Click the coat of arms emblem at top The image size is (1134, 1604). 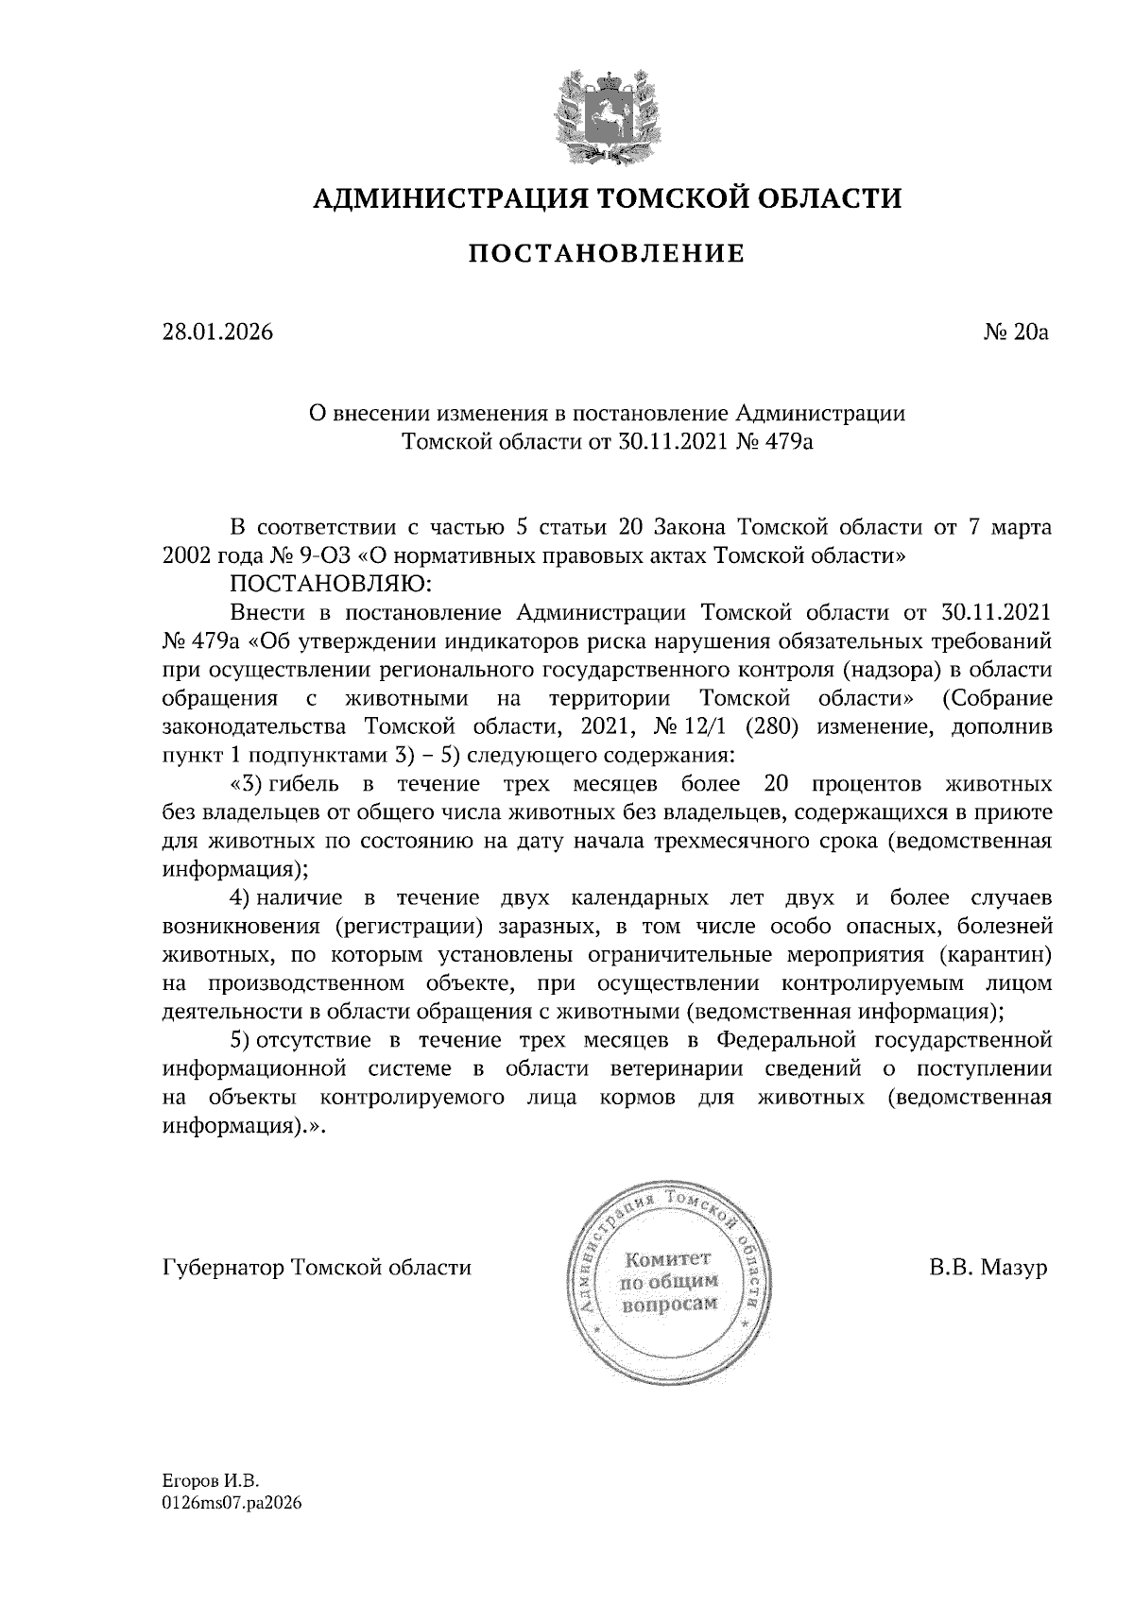606,112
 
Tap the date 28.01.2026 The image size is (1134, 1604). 218,333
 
